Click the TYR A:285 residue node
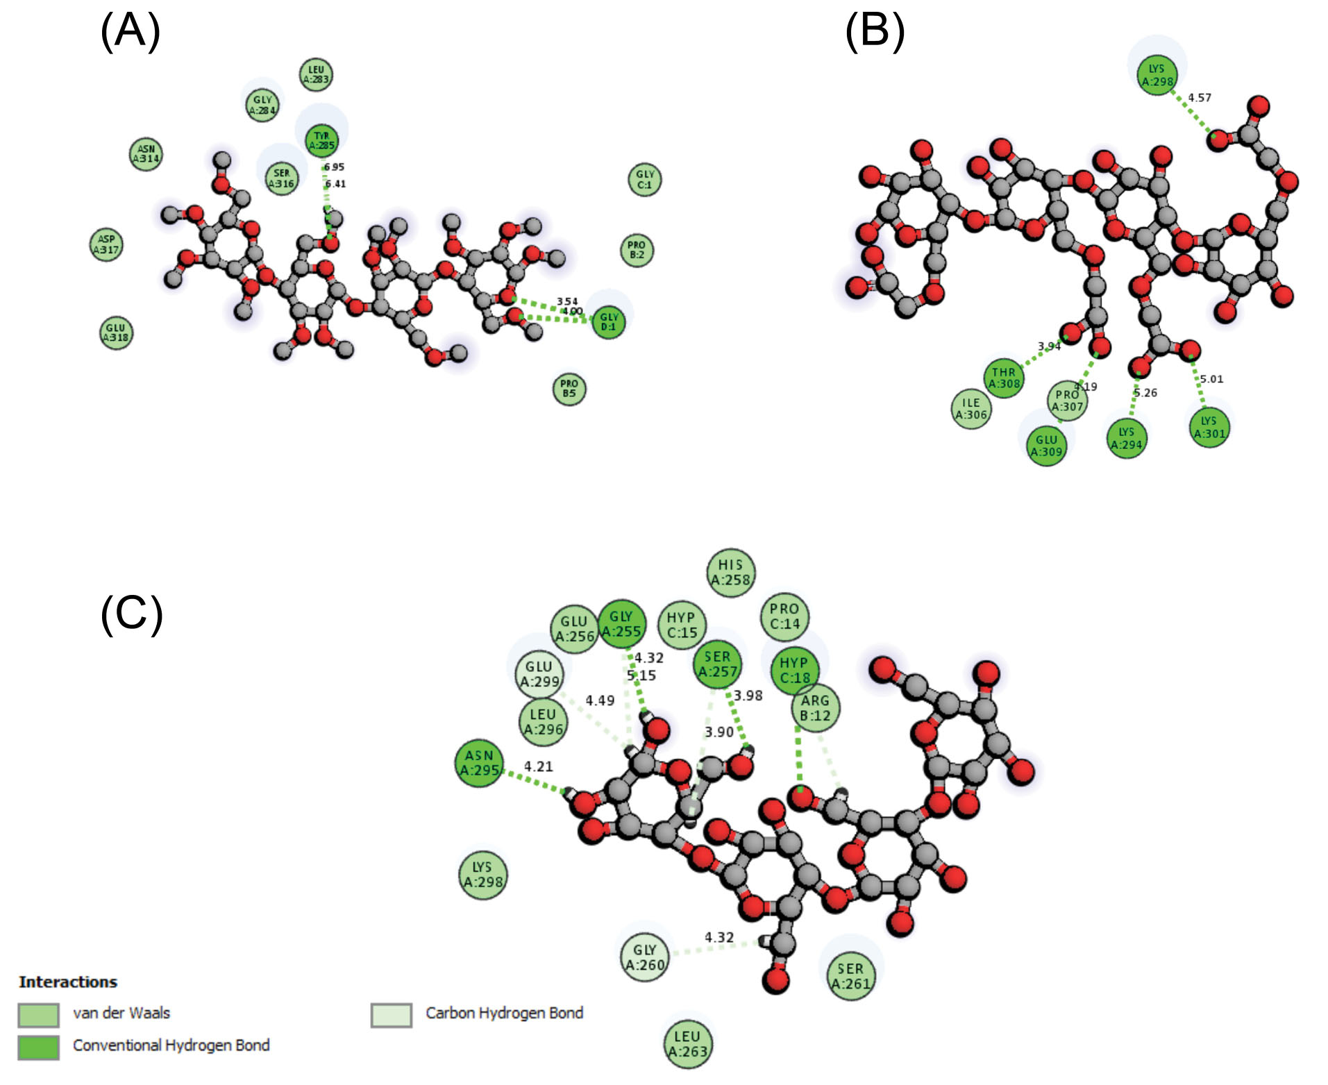(x=321, y=140)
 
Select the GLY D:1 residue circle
(x=609, y=321)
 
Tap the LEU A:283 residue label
(x=316, y=74)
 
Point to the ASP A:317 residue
(x=106, y=244)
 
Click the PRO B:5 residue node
(x=569, y=388)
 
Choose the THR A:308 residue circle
(x=1004, y=378)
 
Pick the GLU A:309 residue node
(x=1046, y=446)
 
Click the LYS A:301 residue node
(x=1209, y=427)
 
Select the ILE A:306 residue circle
(x=970, y=409)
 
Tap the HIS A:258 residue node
(x=730, y=572)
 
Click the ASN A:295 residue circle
(x=479, y=762)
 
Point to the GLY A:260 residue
(x=645, y=957)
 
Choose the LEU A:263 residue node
(x=688, y=1043)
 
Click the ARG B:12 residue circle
(x=815, y=707)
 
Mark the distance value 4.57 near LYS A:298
(x=1199, y=98)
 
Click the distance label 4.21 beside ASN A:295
(x=538, y=766)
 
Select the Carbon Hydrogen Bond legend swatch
(x=391, y=1015)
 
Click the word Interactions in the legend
(x=68, y=982)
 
